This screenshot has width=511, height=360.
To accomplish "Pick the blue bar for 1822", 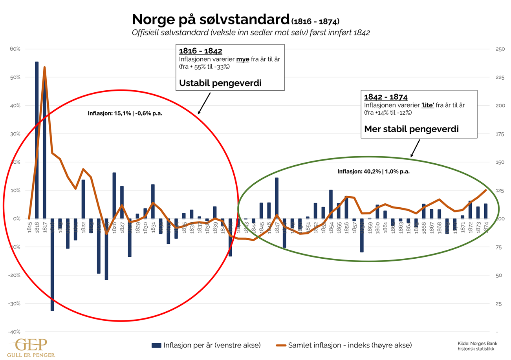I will (83, 199).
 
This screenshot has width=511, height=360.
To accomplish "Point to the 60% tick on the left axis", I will (15, 49).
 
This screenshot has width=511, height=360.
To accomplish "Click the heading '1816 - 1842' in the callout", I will (201, 51).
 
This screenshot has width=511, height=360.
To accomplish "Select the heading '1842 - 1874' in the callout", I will (386, 97).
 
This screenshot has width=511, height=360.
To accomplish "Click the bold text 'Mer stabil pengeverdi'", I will (411, 129).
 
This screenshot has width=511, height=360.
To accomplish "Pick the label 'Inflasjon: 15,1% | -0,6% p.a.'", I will (125, 114).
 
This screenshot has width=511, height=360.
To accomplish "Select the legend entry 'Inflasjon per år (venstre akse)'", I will (206, 345).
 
